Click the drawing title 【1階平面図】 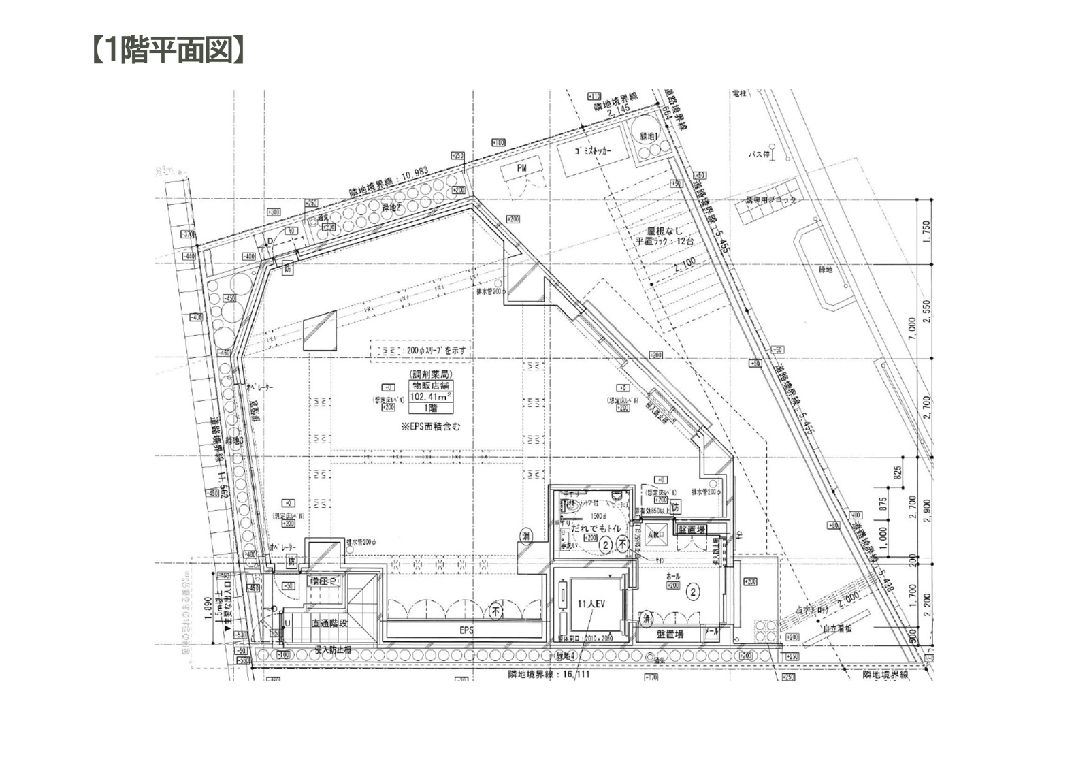pos(166,50)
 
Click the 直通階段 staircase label pos(329,623)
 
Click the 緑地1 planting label pos(651,137)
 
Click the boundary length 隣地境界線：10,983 pos(389,178)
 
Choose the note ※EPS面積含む pos(431,426)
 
